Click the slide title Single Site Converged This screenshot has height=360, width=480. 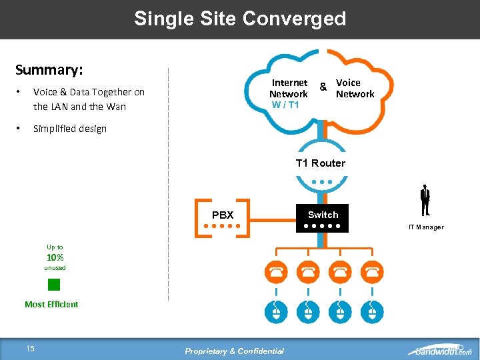(x=240, y=19)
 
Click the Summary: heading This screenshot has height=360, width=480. (x=48, y=70)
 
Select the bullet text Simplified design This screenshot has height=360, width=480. (x=70, y=129)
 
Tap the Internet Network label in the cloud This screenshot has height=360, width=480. (x=289, y=88)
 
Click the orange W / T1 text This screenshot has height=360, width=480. (x=285, y=105)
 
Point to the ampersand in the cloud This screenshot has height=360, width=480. (x=323, y=87)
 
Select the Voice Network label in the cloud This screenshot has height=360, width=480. (x=355, y=88)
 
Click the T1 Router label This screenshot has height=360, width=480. (x=321, y=163)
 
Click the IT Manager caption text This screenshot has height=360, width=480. (x=426, y=227)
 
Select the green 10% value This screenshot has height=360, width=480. (x=55, y=257)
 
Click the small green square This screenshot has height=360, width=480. (x=54, y=285)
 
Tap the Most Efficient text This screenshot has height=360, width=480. (x=51, y=305)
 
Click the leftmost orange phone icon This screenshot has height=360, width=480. (x=276, y=272)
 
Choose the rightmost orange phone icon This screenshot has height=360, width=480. (x=371, y=272)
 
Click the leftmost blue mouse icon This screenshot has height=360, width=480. (x=276, y=311)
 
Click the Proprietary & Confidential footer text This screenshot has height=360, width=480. (x=234, y=351)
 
